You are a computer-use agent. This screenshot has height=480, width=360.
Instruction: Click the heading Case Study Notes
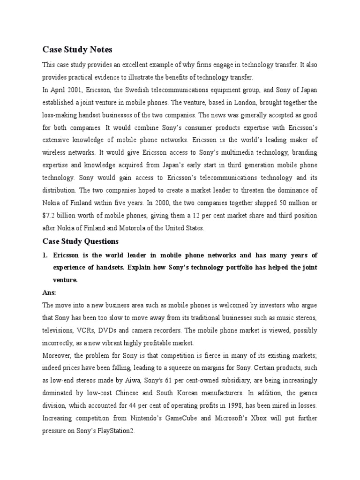pos(77,49)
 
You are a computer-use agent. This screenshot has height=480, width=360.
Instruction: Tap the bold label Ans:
pos(49,292)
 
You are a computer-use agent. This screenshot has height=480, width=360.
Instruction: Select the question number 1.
pos(45,255)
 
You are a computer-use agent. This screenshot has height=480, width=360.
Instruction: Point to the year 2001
pos(75,90)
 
